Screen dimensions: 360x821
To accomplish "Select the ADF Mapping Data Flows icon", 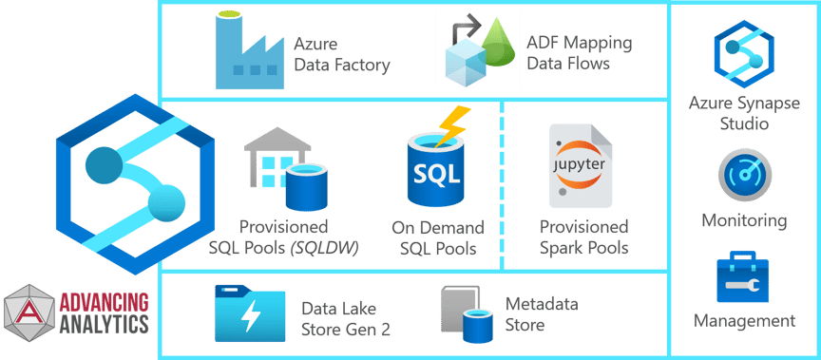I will pos(477,48).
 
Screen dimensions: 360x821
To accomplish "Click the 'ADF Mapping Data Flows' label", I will pos(579,53).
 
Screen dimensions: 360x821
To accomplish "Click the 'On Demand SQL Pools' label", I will pos(437,237).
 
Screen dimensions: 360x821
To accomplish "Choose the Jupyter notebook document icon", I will pos(581,166).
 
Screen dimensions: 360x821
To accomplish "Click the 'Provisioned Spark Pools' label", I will pos(583,237).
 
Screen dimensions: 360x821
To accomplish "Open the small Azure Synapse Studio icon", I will pos(744,54).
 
